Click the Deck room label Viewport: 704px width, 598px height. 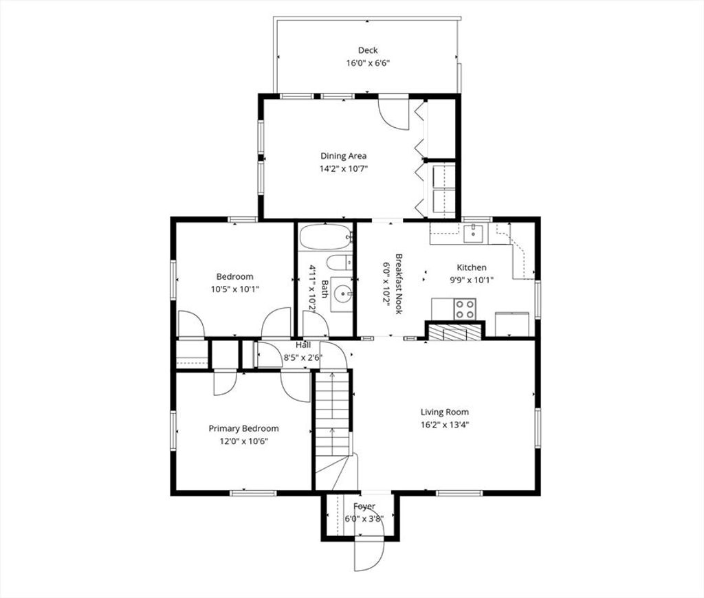tap(368, 50)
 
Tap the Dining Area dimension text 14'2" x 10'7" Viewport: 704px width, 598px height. tap(344, 169)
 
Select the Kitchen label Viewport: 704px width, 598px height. tap(472, 267)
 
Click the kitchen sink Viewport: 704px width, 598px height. tap(473, 233)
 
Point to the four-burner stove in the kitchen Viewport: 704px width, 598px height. tap(465, 309)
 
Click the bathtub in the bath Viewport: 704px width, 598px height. tap(326, 236)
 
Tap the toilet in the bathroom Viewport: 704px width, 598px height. tap(340, 262)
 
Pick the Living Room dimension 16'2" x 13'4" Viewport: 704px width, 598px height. tap(445, 425)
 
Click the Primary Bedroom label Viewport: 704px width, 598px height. tap(243, 428)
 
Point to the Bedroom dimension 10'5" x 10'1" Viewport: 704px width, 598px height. tap(235, 289)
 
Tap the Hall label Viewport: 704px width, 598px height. tap(303, 345)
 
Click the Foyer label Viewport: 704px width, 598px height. tap(364, 507)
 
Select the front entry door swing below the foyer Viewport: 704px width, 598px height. tap(369, 554)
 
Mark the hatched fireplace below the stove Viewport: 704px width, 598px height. tap(454, 332)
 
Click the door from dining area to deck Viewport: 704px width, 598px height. tap(393, 113)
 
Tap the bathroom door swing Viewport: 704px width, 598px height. tap(316, 324)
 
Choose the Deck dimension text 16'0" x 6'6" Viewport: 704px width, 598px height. tap(368, 63)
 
